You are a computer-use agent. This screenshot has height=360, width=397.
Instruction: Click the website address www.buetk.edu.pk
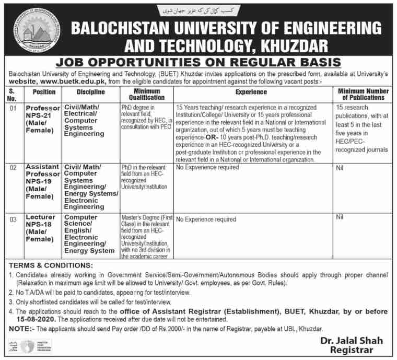(x=77, y=82)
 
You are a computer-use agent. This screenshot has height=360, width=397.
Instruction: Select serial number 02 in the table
(x=13, y=168)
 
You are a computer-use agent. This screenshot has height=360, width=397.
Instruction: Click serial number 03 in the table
(x=13, y=219)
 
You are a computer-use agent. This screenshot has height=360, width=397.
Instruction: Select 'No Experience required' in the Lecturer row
(x=206, y=219)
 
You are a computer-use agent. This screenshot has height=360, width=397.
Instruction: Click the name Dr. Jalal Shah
(x=353, y=341)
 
